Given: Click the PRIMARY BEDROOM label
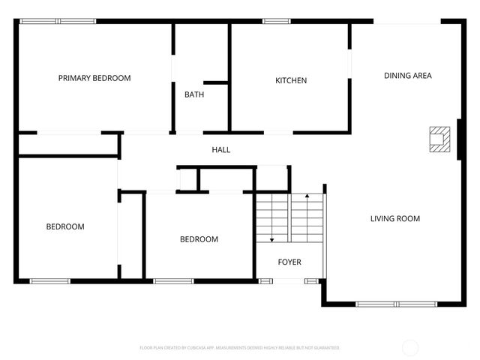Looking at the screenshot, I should [x=94, y=78].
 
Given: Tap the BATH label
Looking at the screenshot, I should [x=194, y=94].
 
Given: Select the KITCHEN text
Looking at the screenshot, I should [x=291, y=80].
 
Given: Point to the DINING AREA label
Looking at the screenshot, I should [x=407, y=76].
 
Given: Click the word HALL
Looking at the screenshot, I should [x=220, y=150].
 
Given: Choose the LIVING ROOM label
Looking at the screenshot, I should [x=394, y=219].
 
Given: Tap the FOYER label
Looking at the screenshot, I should [x=289, y=262].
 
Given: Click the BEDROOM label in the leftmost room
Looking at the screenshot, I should [x=65, y=226].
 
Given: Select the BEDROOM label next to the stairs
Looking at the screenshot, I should [x=199, y=239].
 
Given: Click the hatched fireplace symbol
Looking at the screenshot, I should [x=437, y=139].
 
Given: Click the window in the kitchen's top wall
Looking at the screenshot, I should [x=276, y=21].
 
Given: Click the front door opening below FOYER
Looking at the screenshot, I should [x=289, y=281].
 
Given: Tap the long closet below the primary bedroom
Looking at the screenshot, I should [x=67, y=145].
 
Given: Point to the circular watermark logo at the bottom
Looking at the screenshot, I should [x=410, y=347].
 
